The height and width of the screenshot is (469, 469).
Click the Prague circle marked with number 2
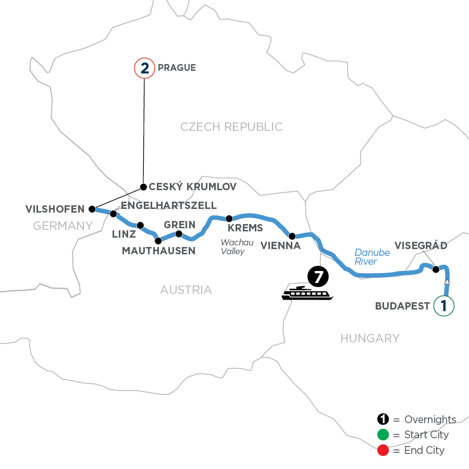tap(144, 68)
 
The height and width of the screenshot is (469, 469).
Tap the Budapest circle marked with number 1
tap(443, 305)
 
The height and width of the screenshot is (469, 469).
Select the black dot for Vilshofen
tap(92, 209)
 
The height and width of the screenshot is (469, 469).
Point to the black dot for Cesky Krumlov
tap(143, 186)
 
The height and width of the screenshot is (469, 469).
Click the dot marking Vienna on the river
tap(292, 236)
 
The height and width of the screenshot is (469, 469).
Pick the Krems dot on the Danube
tap(228, 218)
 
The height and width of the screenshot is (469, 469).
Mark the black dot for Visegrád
tap(436, 269)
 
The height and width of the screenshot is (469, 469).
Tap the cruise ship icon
tap(307, 293)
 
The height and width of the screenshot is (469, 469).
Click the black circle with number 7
tap(317, 276)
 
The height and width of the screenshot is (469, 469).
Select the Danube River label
tap(372, 257)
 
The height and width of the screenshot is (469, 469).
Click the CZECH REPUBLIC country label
tap(231, 127)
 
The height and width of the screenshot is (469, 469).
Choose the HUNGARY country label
tap(370, 339)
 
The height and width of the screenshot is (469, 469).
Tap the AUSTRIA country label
tap(186, 290)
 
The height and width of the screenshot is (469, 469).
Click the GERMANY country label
tap(63, 226)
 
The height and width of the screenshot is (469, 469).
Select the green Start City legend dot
tap(384, 435)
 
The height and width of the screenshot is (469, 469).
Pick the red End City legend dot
tap(384, 450)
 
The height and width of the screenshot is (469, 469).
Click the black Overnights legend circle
tap(384, 419)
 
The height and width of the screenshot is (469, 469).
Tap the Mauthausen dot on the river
tap(158, 240)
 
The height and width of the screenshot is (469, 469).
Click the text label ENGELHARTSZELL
tap(168, 205)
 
